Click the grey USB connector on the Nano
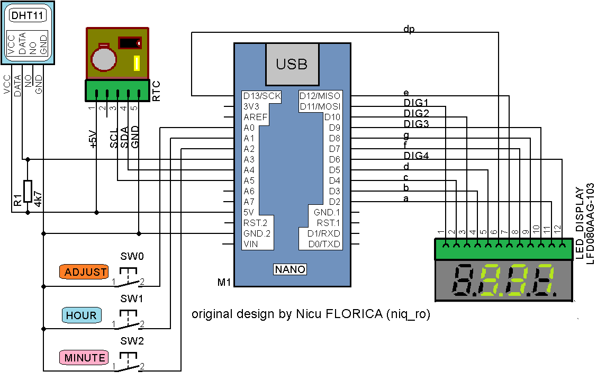[x=292, y=64]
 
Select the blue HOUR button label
[x=81, y=315]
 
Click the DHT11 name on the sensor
[x=27, y=16]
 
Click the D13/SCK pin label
[x=261, y=96]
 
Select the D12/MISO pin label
[x=320, y=96]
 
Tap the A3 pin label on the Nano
[x=249, y=159]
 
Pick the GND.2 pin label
[x=256, y=233]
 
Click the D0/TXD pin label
[x=324, y=244]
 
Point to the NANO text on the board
[x=290, y=269]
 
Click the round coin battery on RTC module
[x=103, y=58]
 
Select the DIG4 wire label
[x=415, y=156]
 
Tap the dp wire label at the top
[x=409, y=29]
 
